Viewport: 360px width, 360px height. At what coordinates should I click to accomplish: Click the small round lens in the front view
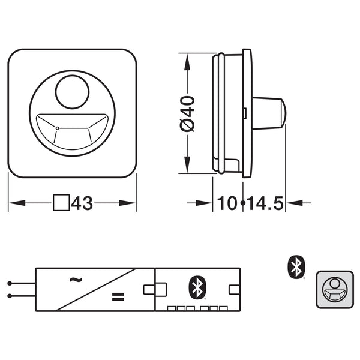(x=71, y=91)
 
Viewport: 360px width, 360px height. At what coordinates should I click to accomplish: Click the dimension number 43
(x=83, y=204)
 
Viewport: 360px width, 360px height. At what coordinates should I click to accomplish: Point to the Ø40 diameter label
(x=188, y=113)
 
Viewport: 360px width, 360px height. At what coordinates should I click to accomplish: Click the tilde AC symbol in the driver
(x=76, y=279)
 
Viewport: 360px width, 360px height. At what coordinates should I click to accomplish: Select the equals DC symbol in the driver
(x=118, y=296)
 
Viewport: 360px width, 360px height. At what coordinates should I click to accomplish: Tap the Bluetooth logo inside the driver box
(x=196, y=286)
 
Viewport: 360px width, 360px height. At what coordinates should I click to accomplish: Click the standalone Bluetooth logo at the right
(x=295, y=267)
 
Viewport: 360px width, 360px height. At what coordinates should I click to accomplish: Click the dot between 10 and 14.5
(x=242, y=204)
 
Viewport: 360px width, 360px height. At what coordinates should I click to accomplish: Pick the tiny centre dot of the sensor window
(x=56, y=128)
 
